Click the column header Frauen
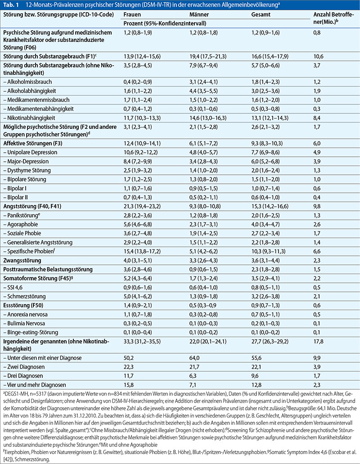(x=132, y=14)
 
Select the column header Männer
(x=199, y=14)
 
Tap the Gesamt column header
(x=261, y=14)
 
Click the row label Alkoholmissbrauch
(x=27, y=82)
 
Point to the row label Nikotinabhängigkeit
(x=29, y=118)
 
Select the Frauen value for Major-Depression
(x=138, y=162)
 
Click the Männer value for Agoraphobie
(x=204, y=225)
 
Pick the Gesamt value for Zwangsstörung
(x=265, y=261)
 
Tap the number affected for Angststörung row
(x=317, y=207)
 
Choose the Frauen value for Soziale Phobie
(x=138, y=233)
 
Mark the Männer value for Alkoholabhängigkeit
(x=204, y=91)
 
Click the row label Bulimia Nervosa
(x=24, y=323)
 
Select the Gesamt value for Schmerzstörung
(x=265, y=296)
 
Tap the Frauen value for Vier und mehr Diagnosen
(x=128, y=385)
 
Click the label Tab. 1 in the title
(x=11, y=5)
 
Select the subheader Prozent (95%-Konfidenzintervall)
(x=165, y=23)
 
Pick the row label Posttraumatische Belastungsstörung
(x=48, y=269)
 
